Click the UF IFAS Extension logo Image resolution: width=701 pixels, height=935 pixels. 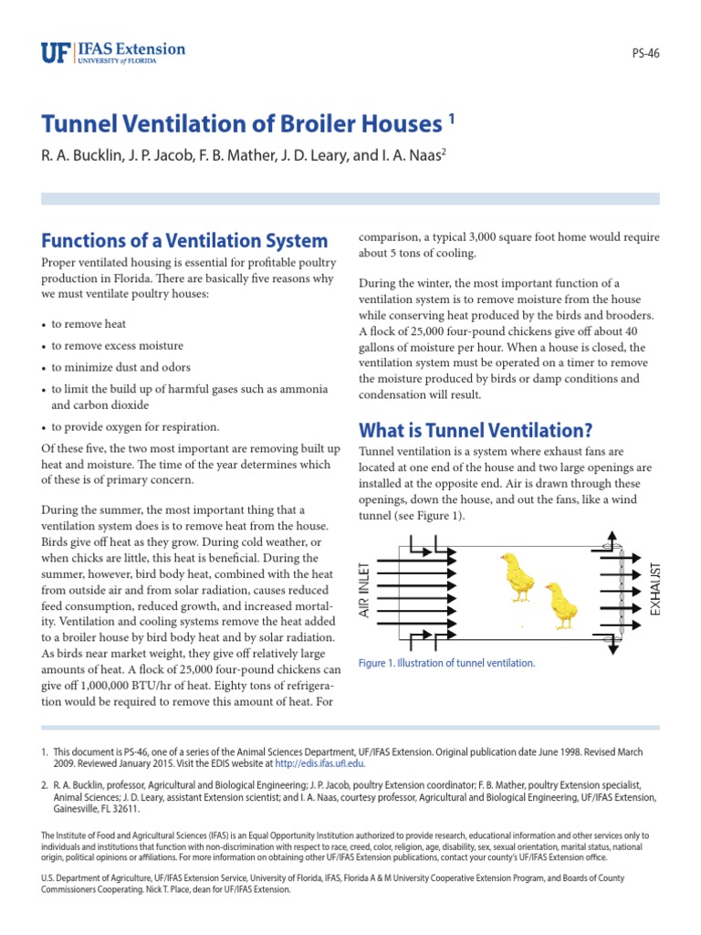pyautogui.click(x=112, y=52)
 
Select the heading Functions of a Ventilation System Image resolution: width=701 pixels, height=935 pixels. pyautogui.click(x=183, y=241)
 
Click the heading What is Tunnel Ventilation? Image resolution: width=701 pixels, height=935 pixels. pyautogui.click(x=476, y=429)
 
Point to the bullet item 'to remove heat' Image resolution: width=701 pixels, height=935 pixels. pyautogui.click(x=89, y=324)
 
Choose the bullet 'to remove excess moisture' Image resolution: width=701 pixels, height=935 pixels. pyautogui.click(x=117, y=346)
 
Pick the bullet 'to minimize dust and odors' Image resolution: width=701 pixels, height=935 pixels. pyautogui.click(x=120, y=368)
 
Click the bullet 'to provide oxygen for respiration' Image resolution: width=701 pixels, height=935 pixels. pyautogui.click(x=135, y=426)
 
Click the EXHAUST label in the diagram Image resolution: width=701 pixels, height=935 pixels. pyautogui.click(x=654, y=589)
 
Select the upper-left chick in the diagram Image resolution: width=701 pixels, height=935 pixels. pyautogui.click(x=518, y=577)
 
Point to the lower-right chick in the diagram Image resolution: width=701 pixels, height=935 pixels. pyautogui.click(x=560, y=604)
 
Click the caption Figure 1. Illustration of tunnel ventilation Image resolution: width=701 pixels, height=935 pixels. pyautogui.click(x=447, y=663)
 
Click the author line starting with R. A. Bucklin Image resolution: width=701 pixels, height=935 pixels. pyautogui.click(x=244, y=155)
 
